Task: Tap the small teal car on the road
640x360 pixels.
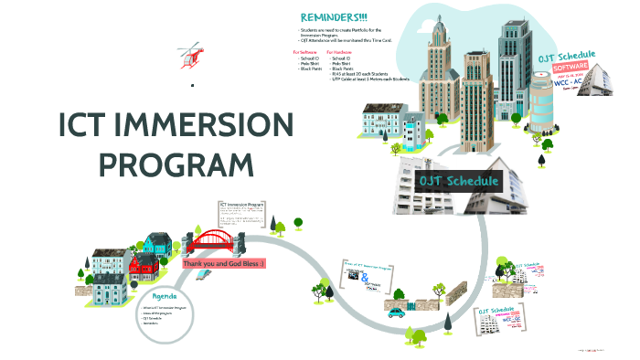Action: (396, 312)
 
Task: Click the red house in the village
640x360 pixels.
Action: (143, 266)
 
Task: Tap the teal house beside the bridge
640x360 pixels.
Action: (156, 243)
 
